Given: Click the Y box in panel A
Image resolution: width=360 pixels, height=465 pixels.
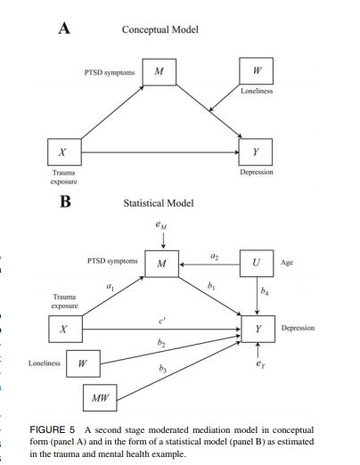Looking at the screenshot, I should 257,153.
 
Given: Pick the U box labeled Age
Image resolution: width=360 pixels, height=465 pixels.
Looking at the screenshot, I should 257,265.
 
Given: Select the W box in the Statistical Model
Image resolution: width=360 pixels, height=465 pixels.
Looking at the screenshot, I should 82,363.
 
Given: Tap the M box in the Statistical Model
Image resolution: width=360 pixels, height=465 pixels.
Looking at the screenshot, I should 161,265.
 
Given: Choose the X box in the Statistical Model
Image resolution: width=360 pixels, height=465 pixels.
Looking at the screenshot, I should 62,329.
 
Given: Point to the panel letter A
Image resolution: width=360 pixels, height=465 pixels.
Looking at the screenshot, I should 64,28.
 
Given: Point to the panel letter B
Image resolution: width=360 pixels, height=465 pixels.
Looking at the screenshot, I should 64,201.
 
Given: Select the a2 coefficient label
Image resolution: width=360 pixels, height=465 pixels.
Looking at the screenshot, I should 213,256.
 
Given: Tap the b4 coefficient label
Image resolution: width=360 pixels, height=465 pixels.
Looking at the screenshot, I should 264,291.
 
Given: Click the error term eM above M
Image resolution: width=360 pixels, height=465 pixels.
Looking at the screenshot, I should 160,227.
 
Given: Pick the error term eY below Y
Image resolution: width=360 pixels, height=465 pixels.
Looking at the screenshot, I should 258,364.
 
